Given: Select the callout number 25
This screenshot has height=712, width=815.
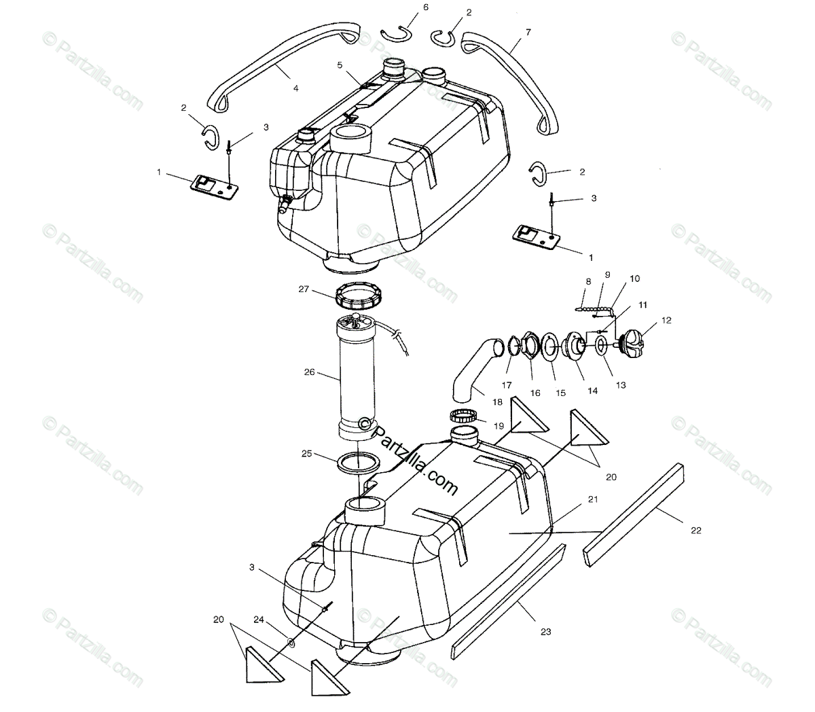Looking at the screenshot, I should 306,454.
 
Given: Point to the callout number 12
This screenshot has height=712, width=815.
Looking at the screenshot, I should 666,320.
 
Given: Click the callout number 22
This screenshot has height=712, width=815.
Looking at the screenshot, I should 695,530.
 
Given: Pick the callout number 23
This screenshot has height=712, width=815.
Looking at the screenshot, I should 545,631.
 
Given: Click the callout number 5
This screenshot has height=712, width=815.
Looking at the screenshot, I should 339,65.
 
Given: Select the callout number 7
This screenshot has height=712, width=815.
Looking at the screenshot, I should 528,32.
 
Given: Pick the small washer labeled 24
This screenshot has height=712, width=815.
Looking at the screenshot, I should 291,641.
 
